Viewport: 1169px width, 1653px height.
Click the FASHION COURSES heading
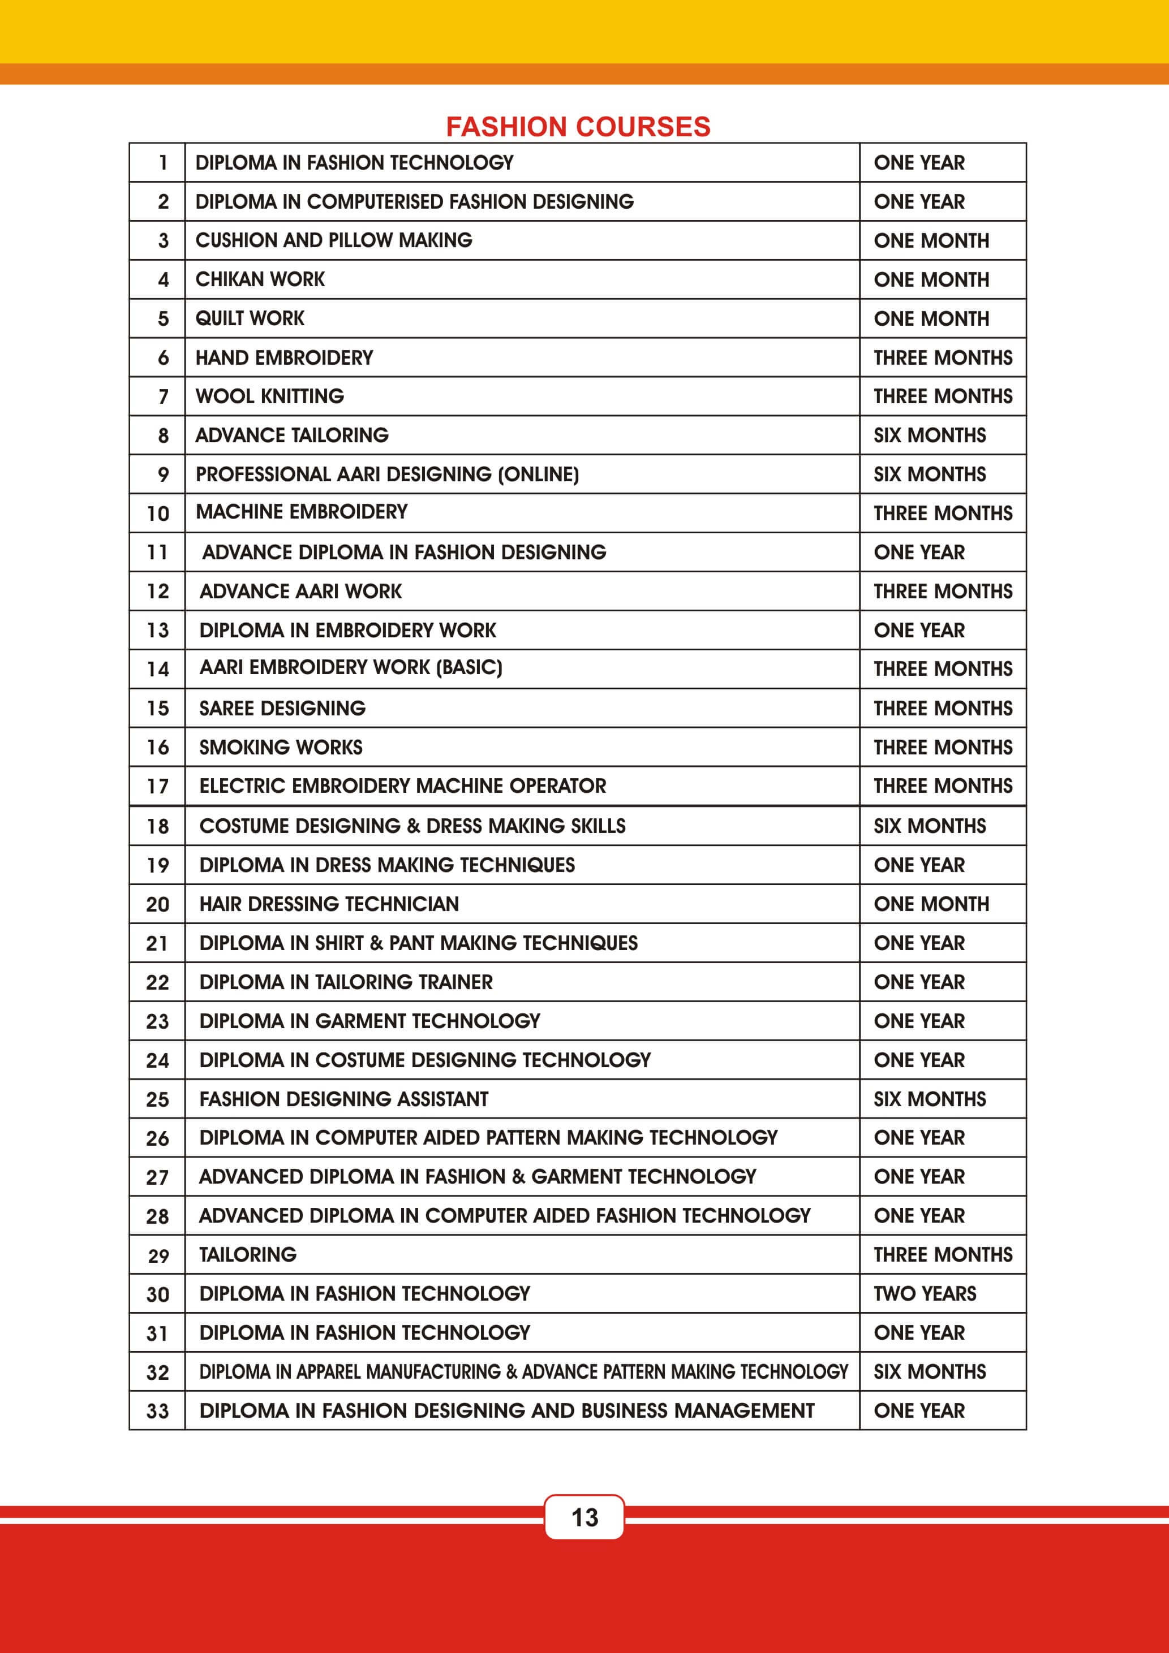578,127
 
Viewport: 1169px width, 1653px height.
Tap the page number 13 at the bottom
584,1517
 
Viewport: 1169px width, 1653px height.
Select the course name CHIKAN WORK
260,279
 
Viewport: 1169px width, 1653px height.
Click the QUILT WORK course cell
250,318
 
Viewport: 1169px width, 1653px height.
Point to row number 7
164,396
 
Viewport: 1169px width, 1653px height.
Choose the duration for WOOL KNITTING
942,396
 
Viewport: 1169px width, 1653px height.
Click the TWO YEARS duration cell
925,1294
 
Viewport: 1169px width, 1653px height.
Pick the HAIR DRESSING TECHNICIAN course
329,904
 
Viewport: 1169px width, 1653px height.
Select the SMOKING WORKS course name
281,747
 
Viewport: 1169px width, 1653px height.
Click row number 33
158,1411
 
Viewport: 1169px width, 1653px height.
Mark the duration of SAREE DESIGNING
942,709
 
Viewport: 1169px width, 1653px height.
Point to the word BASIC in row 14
469,667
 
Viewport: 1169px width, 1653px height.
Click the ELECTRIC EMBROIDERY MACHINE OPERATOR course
403,786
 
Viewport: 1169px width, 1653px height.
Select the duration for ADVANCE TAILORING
929,435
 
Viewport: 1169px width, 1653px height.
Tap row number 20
158,905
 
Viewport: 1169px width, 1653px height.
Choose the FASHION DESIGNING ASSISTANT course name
343,1099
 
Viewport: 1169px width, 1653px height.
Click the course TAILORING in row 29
248,1255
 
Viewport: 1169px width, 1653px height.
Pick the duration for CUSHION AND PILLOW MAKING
931,240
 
